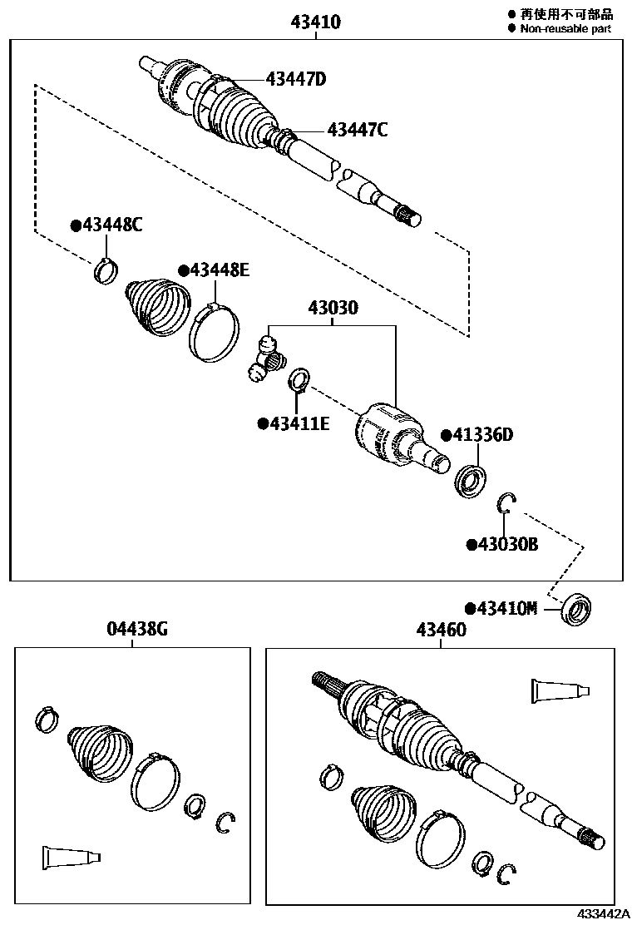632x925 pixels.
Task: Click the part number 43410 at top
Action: [x=316, y=23]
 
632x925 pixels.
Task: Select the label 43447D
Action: [x=295, y=80]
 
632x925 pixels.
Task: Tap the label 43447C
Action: [x=357, y=130]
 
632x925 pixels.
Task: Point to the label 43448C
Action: [x=106, y=225]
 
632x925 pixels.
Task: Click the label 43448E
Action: [x=214, y=270]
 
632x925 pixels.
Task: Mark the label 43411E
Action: [x=294, y=424]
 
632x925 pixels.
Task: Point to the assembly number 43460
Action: [x=437, y=630]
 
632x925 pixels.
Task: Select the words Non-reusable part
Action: [x=565, y=29]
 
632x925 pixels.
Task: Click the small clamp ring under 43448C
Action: [x=106, y=270]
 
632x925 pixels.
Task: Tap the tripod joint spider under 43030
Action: [x=266, y=358]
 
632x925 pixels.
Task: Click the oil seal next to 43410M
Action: [x=575, y=610]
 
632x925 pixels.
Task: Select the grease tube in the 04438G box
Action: [x=70, y=856]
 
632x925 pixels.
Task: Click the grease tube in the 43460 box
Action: [x=559, y=690]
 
